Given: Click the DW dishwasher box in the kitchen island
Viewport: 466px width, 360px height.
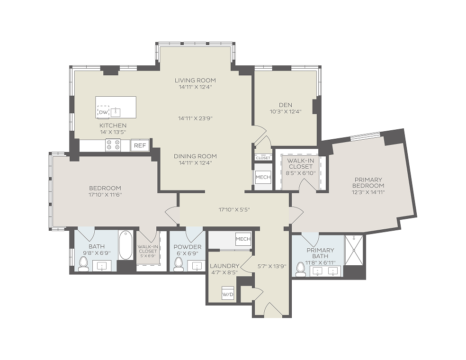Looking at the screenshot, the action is click(x=103, y=112).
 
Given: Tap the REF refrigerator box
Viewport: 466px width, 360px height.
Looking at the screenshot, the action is click(x=140, y=145).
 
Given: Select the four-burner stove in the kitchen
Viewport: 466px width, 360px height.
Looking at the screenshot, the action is click(x=113, y=145).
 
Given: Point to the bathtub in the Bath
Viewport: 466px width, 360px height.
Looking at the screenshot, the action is click(x=125, y=245).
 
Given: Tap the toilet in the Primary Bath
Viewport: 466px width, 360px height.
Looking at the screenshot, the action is click(x=301, y=270).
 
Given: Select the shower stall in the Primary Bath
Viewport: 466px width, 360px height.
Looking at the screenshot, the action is click(x=354, y=250).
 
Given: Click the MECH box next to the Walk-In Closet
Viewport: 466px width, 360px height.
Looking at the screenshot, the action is click(x=263, y=177).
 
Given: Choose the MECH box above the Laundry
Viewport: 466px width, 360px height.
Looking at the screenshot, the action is click(x=243, y=239).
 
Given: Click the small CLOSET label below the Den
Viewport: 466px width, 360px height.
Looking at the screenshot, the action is click(x=263, y=158).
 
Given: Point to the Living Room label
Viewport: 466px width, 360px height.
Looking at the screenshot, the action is click(x=195, y=80).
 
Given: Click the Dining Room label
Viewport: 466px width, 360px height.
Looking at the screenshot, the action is click(x=195, y=156).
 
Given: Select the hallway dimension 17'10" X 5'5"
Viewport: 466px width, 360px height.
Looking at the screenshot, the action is click(x=234, y=209).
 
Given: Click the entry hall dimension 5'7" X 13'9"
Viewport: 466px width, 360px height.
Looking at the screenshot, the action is click(x=272, y=266).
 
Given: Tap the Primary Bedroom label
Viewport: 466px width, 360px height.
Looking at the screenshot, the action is click(x=368, y=182).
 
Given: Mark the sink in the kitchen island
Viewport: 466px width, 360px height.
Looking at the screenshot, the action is click(x=115, y=112).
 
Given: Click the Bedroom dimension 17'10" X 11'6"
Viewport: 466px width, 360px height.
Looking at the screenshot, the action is click(x=105, y=195).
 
